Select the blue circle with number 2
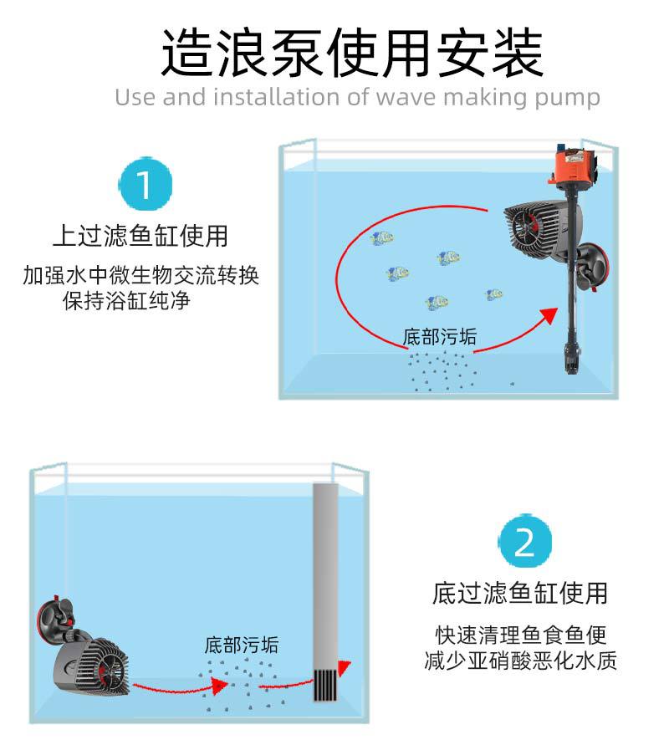pyautogui.click(x=524, y=543)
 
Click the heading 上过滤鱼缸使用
pyautogui.click(x=140, y=235)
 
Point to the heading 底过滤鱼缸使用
pyautogui.click(x=519, y=593)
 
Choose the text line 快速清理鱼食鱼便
pyautogui.click(x=520, y=634)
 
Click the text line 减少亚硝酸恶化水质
pyautogui.click(x=520, y=661)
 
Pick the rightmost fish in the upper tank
pyautogui.click(x=493, y=294)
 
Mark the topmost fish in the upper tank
pyautogui.click(x=382, y=238)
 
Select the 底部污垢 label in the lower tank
pyautogui.click(x=242, y=645)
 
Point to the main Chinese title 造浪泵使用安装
pyautogui.click(x=352, y=52)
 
